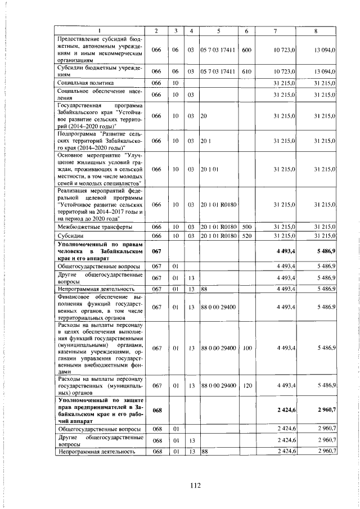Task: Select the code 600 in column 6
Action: tap(246, 50)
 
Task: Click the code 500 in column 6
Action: tap(246, 227)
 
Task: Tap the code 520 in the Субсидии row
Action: tap(246, 235)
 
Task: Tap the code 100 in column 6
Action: tap(246, 348)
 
